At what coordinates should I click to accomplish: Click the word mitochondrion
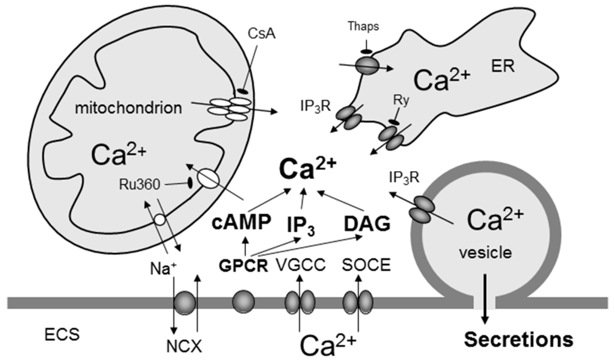point(128,108)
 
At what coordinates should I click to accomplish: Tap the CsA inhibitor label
point(261,34)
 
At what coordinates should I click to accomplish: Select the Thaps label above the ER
point(363,26)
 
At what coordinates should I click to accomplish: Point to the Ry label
point(401,100)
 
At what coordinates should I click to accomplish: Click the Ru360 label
point(139,185)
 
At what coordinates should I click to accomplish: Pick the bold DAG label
point(367,224)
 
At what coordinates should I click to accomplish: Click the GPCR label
point(243,265)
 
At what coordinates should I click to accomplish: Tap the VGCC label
point(301,265)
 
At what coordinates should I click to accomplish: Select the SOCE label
point(366,265)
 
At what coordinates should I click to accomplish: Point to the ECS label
point(62,334)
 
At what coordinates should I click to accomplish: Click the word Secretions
point(518,340)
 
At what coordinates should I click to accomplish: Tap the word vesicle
point(485,253)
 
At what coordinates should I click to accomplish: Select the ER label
point(503,67)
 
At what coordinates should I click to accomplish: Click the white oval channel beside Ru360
point(208,178)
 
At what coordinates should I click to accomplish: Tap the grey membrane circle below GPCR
point(243,302)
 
